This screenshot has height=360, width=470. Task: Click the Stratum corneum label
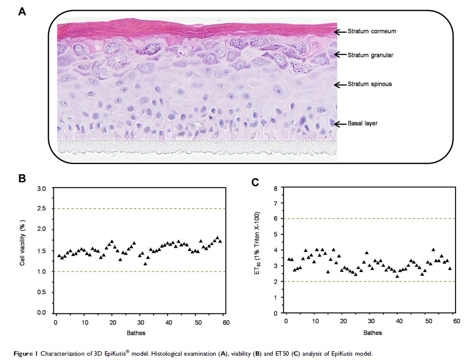(x=372, y=32)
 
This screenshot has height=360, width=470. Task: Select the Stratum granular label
(x=370, y=55)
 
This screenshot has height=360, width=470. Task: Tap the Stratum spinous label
(x=369, y=84)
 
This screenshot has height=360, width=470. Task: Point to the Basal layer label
(x=362, y=124)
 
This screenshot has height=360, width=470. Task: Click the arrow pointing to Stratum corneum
(x=340, y=32)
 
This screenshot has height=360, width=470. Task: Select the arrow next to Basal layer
(x=340, y=124)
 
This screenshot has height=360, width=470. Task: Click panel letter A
(x=22, y=11)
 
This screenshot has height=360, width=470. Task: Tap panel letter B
(x=22, y=178)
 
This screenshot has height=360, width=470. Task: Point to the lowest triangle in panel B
(x=145, y=264)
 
